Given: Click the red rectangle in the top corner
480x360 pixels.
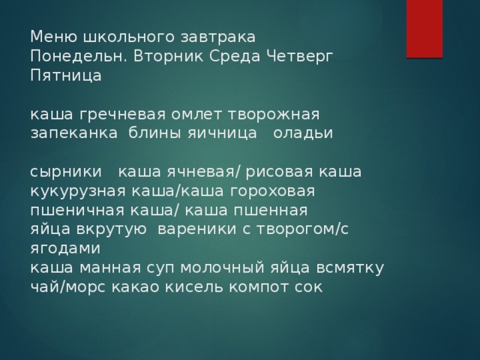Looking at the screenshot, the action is (424, 28).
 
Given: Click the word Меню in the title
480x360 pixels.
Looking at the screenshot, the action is (54, 37).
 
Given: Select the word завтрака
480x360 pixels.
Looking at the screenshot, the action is (218, 37).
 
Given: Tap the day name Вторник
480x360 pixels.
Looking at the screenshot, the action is (168, 56).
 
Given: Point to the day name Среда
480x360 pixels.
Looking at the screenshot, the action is (235, 56).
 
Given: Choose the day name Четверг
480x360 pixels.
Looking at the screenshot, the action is (300, 56).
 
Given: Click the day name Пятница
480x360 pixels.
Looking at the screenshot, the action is (66, 76).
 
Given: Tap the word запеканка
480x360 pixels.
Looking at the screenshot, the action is (74, 133).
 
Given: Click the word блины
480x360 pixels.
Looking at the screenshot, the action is (154, 133).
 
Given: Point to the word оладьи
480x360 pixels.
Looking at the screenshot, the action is (303, 133).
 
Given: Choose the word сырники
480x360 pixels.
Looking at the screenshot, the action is (66, 172).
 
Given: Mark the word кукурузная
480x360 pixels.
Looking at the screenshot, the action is (78, 191).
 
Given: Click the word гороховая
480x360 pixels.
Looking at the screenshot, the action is (272, 191).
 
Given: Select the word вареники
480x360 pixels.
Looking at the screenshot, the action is (196, 229).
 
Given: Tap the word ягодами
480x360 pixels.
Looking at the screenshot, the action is (65, 248).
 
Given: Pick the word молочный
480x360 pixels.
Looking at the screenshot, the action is (222, 268).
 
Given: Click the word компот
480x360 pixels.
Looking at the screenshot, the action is (259, 287).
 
